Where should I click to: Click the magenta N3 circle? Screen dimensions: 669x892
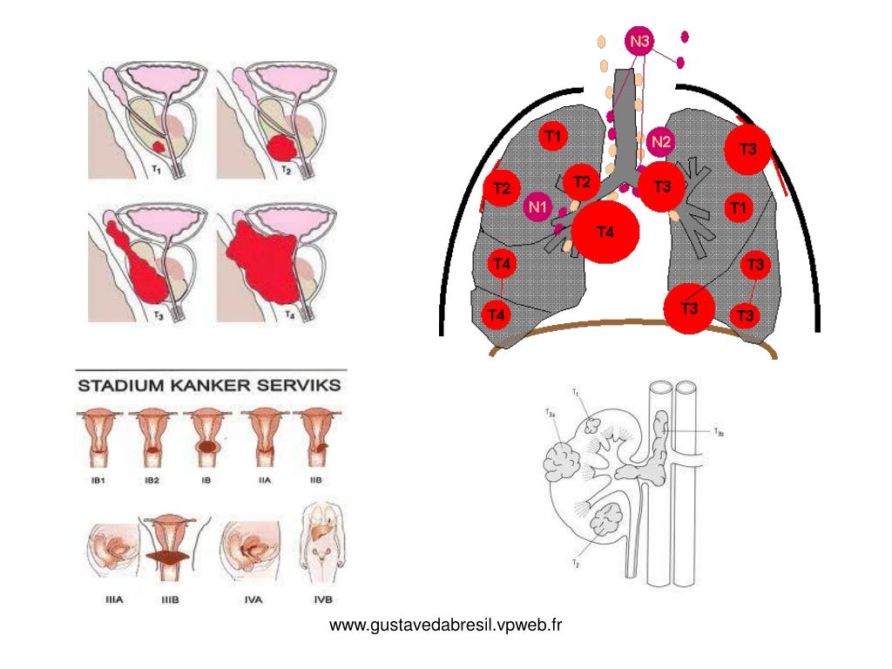pos(640,42)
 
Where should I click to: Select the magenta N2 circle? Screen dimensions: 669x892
pos(661,141)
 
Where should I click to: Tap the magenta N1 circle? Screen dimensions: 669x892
pos(537,207)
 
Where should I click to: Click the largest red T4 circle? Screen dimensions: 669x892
pos(605,232)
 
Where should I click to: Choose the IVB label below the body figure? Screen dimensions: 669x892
pos(322,598)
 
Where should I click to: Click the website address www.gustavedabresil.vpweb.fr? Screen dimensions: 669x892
pos(446,625)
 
